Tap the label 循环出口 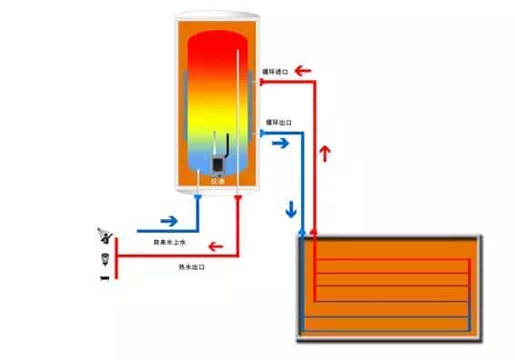pos(276,122)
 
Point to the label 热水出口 pos(193,266)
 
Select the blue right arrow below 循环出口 pos(280,143)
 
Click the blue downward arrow pos(292,208)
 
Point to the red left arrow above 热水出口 pos(217,245)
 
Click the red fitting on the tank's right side pos(260,82)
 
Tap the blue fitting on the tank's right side pos(260,133)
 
